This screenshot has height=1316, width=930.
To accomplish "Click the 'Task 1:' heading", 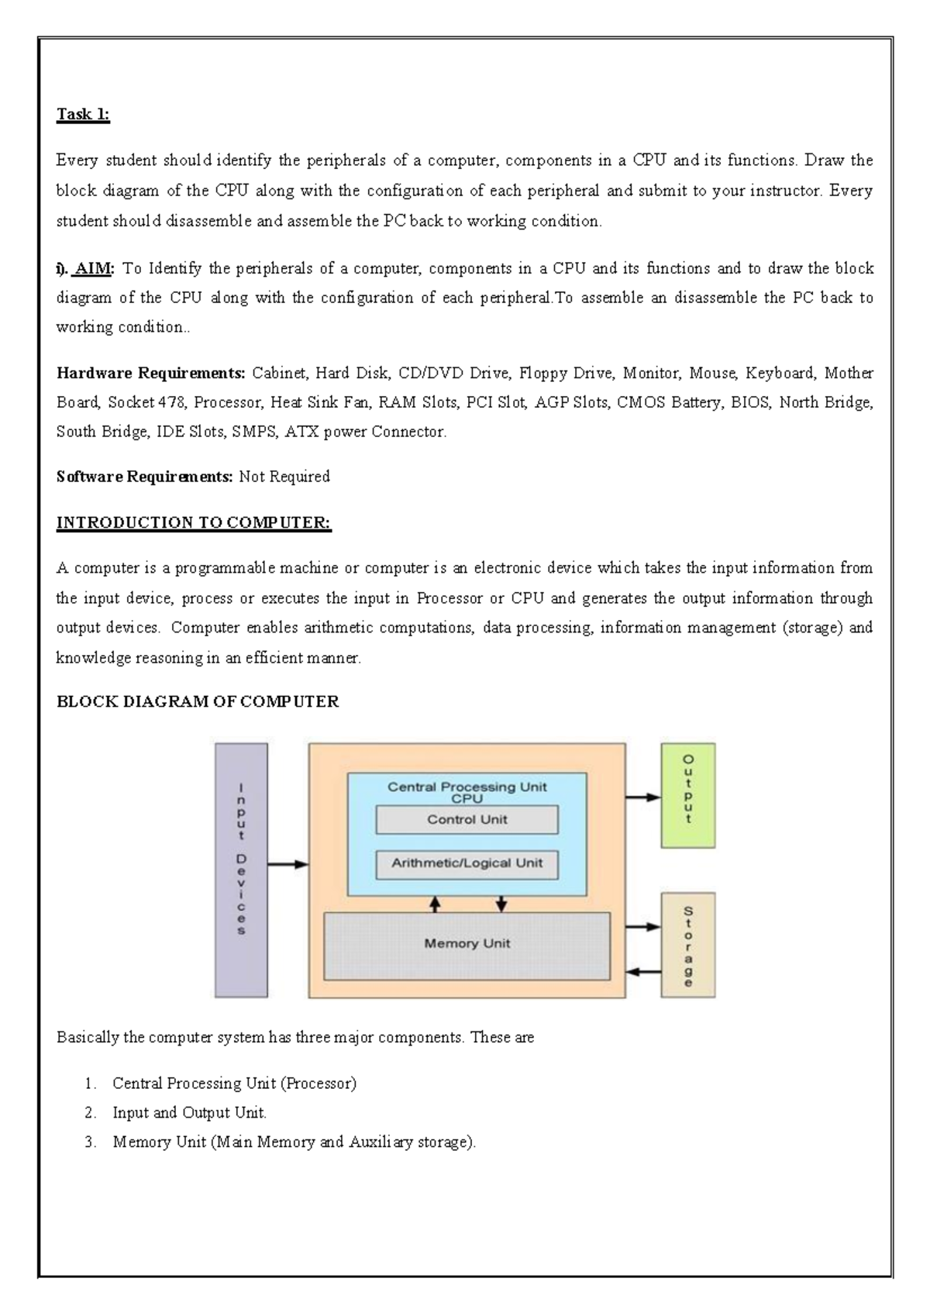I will [83, 115].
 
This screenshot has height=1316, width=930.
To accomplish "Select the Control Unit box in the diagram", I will [467, 819].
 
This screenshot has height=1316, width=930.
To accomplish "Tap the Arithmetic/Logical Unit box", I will [467, 863].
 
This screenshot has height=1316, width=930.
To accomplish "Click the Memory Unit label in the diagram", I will [467, 944].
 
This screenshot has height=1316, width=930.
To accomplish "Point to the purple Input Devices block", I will [241, 870].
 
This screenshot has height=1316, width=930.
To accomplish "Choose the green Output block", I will [687, 795].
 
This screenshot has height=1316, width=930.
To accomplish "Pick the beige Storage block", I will [687, 945].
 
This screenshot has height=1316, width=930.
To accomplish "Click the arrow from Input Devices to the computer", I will [288, 865].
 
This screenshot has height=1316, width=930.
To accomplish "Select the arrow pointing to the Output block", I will [642, 797].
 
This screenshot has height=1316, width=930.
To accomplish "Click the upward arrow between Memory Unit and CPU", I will [436, 903].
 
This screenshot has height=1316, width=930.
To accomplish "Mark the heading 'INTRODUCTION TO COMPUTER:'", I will [194, 522].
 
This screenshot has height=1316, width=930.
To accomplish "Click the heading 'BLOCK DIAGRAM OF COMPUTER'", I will [198, 702].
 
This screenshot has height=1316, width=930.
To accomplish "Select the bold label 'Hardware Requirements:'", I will [151, 374].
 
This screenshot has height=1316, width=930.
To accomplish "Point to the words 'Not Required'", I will [284, 477].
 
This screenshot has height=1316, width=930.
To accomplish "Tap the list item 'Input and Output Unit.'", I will [189, 1113].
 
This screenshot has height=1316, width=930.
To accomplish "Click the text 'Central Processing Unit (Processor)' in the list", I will [234, 1083].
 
